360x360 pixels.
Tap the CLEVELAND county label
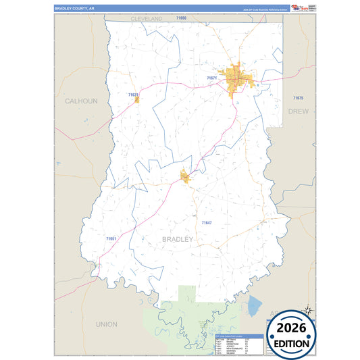tap(147, 19)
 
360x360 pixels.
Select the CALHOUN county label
tap(81, 101)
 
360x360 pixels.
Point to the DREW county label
tap(298, 109)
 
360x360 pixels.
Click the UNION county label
tap(106, 324)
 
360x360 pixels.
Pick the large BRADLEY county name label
tap(177, 239)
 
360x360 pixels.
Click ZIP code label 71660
tap(180, 18)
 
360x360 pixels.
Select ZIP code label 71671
tap(212, 78)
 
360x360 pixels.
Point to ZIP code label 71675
tap(299, 99)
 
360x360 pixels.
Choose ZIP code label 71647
tap(207, 222)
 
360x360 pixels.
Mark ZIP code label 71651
tap(111, 238)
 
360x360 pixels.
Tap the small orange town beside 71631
tap(137, 100)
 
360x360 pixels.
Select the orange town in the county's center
tap(185, 177)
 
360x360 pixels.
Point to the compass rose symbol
tap(307, 311)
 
